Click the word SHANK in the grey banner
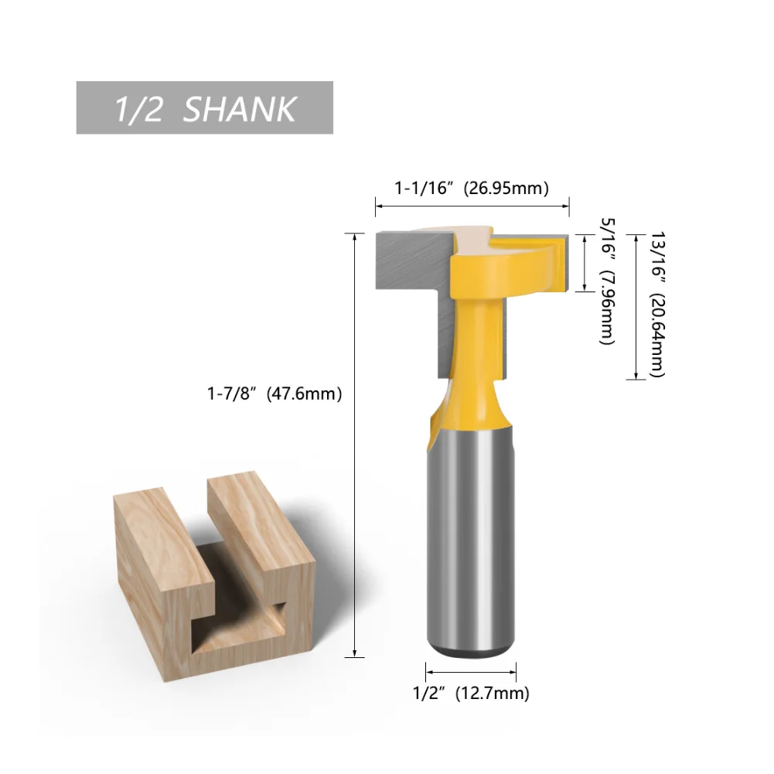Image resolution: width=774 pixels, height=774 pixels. coord(240,109)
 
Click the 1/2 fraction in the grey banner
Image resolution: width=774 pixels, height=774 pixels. coord(138,109)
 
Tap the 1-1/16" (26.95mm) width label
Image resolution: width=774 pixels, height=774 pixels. coord(472,188)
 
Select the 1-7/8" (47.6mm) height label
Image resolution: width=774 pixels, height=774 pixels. coord(274,394)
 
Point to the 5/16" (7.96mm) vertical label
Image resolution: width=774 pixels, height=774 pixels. coord(608,282)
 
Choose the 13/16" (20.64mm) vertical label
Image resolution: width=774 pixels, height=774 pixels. coord(658,304)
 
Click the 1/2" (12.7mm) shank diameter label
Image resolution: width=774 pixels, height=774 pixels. coord(471,693)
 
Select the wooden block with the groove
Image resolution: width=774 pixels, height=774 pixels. coord(213,576)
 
